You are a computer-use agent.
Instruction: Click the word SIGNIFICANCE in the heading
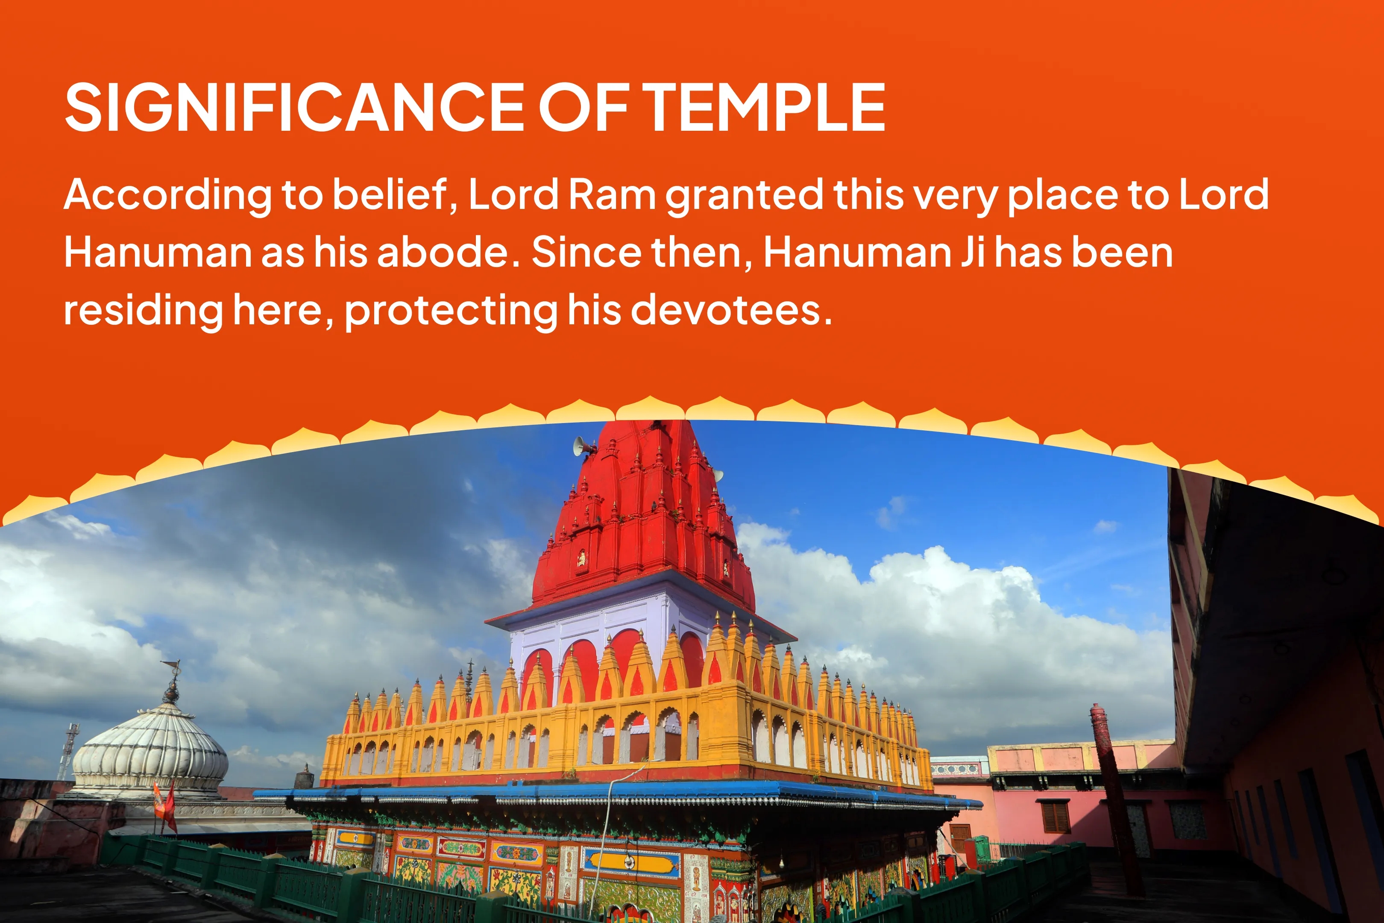(294, 107)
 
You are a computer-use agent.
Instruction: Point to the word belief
(395, 195)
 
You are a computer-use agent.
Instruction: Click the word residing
(143, 311)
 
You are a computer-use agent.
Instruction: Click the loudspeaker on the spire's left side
(582, 446)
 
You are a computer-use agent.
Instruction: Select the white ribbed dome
(150, 747)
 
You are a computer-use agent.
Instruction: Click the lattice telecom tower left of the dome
(67, 750)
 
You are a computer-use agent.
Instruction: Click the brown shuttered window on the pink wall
(1055, 817)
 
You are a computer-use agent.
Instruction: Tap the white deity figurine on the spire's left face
(581, 558)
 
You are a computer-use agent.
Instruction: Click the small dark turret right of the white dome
(304, 777)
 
